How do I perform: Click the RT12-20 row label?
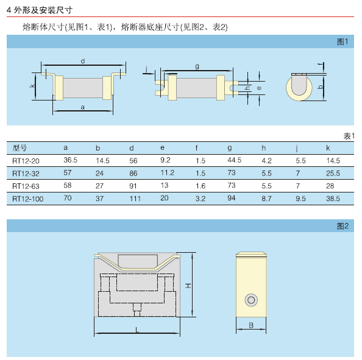(x=26, y=161)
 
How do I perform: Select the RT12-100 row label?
(x=27, y=199)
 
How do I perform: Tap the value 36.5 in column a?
(x=71, y=160)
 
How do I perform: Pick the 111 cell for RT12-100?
(x=135, y=199)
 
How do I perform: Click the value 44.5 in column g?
(x=235, y=160)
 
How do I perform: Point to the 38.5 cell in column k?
(x=333, y=199)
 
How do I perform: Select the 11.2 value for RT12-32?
(x=168, y=173)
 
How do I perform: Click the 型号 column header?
(x=20, y=147)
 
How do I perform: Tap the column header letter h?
(x=264, y=147)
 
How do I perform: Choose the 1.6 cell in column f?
(x=201, y=186)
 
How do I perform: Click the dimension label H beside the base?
(x=188, y=286)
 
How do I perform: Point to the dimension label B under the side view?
(x=251, y=325)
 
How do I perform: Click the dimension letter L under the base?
(x=137, y=330)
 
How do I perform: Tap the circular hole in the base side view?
(x=251, y=300)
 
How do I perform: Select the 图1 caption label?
(x=342, y=42)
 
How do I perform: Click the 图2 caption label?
(x=342, y=226)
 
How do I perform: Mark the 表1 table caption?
(x=349, y=136)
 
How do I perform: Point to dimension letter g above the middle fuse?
(x=197, y=66)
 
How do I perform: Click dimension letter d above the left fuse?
(x=83, y=61)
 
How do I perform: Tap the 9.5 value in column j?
(x=300, y=199)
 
